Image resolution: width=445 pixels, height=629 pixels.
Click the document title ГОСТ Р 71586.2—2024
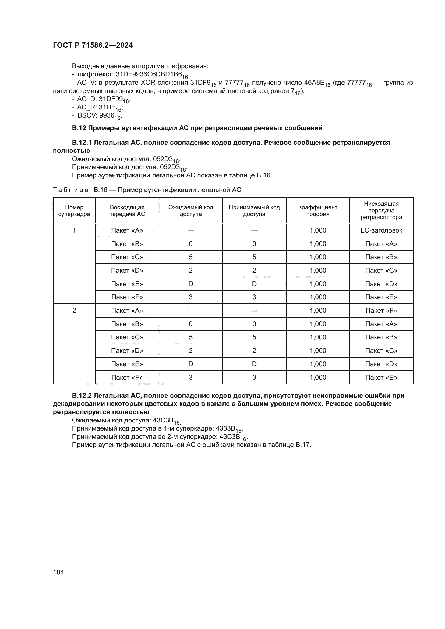(93, 45)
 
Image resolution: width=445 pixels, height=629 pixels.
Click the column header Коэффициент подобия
(317, 210)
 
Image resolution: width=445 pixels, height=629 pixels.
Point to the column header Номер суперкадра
(74, 210)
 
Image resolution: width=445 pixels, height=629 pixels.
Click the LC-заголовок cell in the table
(381, 230)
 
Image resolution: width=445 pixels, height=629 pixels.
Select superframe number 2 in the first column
(74, 310)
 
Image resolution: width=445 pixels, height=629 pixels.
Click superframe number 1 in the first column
(74, 230)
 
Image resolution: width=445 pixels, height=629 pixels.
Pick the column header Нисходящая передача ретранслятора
(381, 210)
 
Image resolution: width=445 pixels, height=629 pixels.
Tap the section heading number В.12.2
(82, 396)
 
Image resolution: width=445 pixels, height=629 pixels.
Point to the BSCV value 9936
(107, 115)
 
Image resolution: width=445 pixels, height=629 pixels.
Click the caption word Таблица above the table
(71, 190)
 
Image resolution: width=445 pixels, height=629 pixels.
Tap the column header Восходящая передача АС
(127, 210)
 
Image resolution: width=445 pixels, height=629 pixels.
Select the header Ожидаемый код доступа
(190, 210)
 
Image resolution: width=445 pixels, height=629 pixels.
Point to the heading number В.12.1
(82, 143)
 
